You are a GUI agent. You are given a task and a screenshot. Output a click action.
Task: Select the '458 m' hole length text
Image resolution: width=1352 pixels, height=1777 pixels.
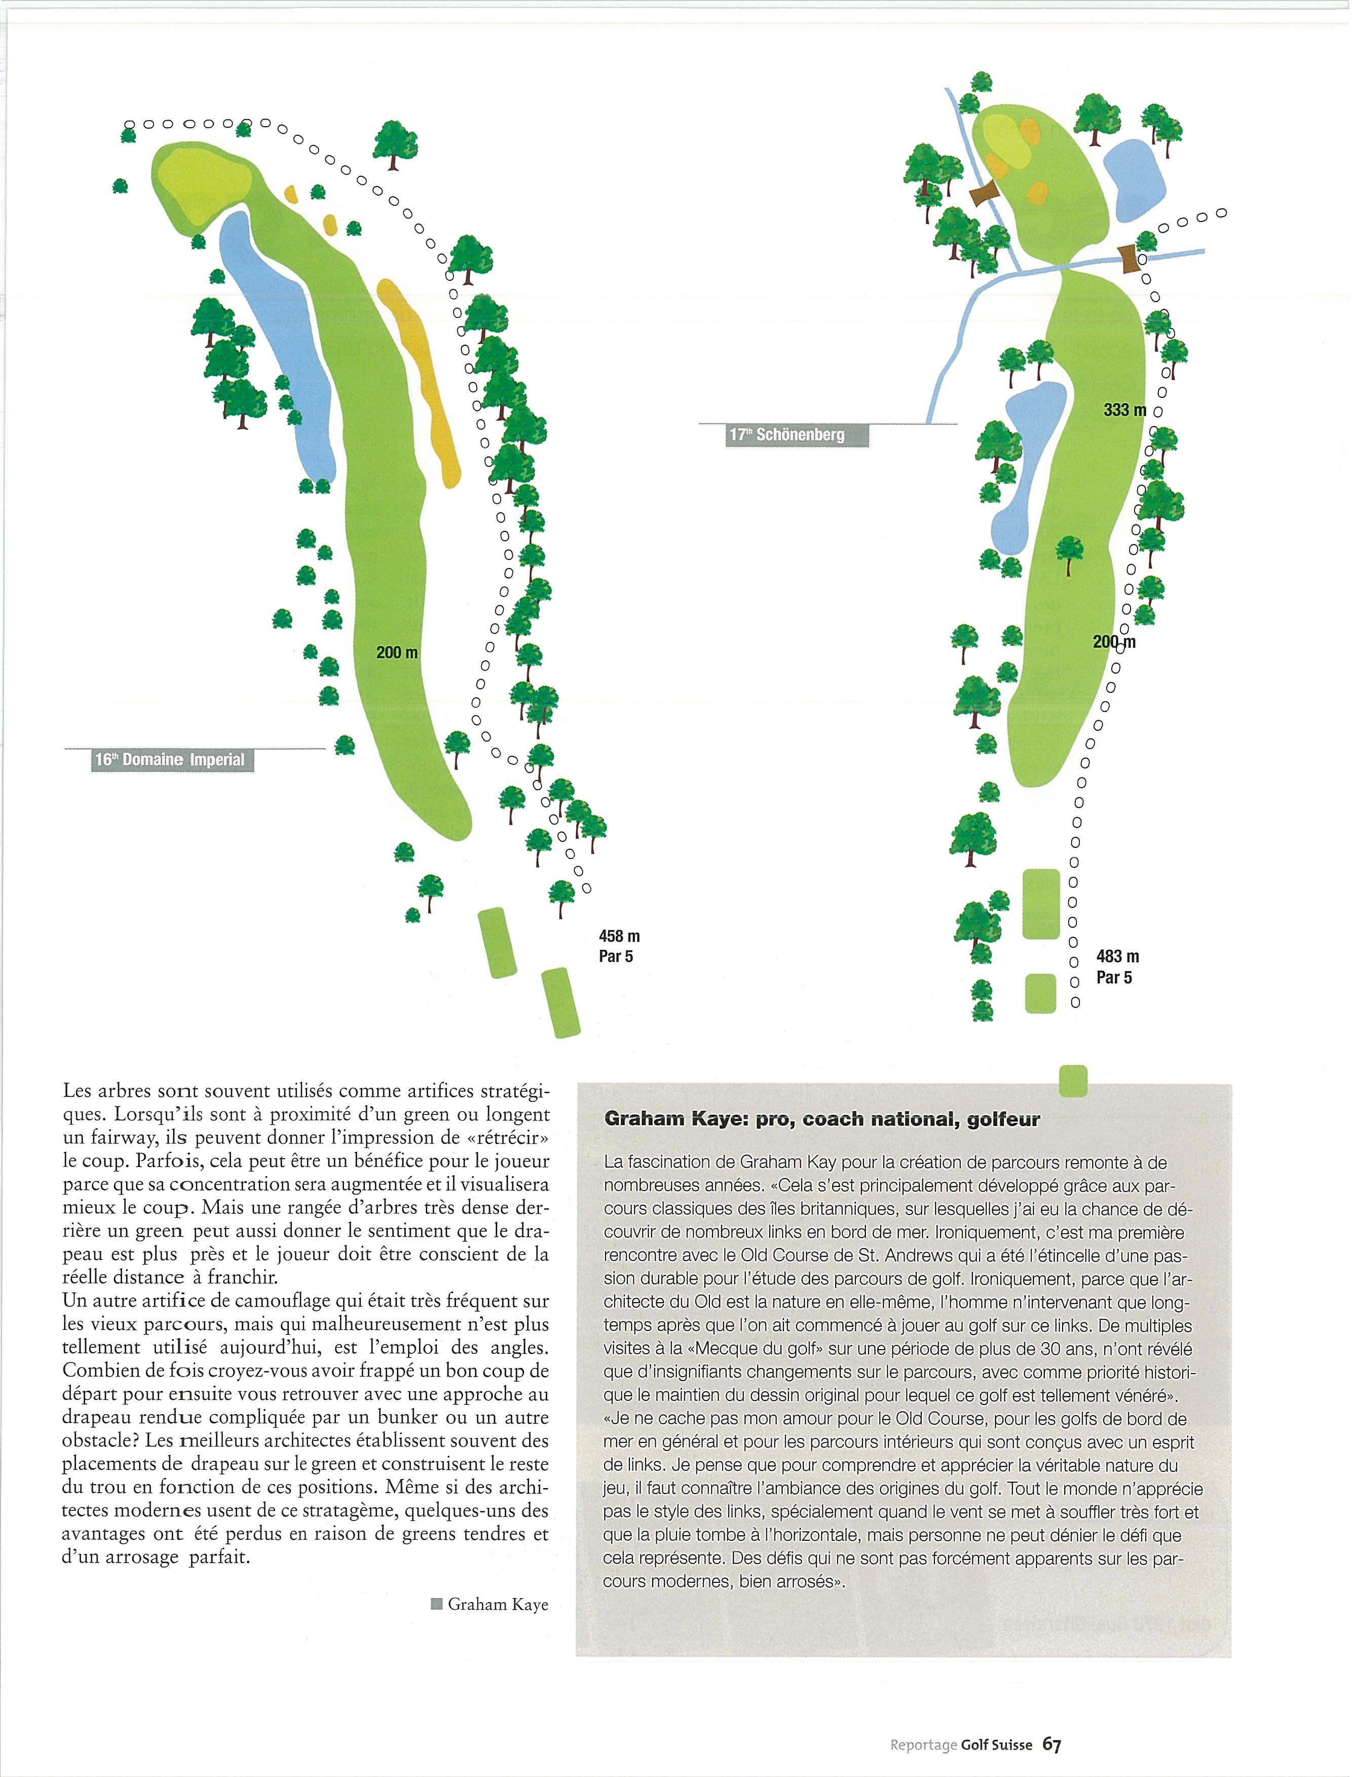tap(619, 936)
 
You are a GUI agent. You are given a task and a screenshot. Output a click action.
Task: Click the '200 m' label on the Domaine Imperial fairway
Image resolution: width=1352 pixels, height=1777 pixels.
tap(397, 652)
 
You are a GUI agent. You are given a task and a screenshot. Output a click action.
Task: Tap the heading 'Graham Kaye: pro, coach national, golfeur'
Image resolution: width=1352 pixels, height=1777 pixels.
tap(821, 1120)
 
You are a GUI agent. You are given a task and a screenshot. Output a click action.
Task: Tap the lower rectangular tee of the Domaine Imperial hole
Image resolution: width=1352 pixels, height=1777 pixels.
tap(561, 1002)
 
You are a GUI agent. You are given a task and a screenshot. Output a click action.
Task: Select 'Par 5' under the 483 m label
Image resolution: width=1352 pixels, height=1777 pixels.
tap(1114, 978)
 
